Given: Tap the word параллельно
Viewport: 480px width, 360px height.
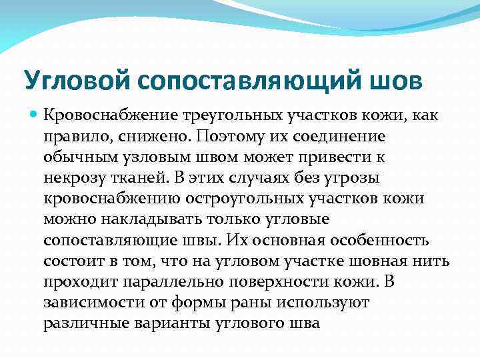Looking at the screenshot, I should tap(153, 281).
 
